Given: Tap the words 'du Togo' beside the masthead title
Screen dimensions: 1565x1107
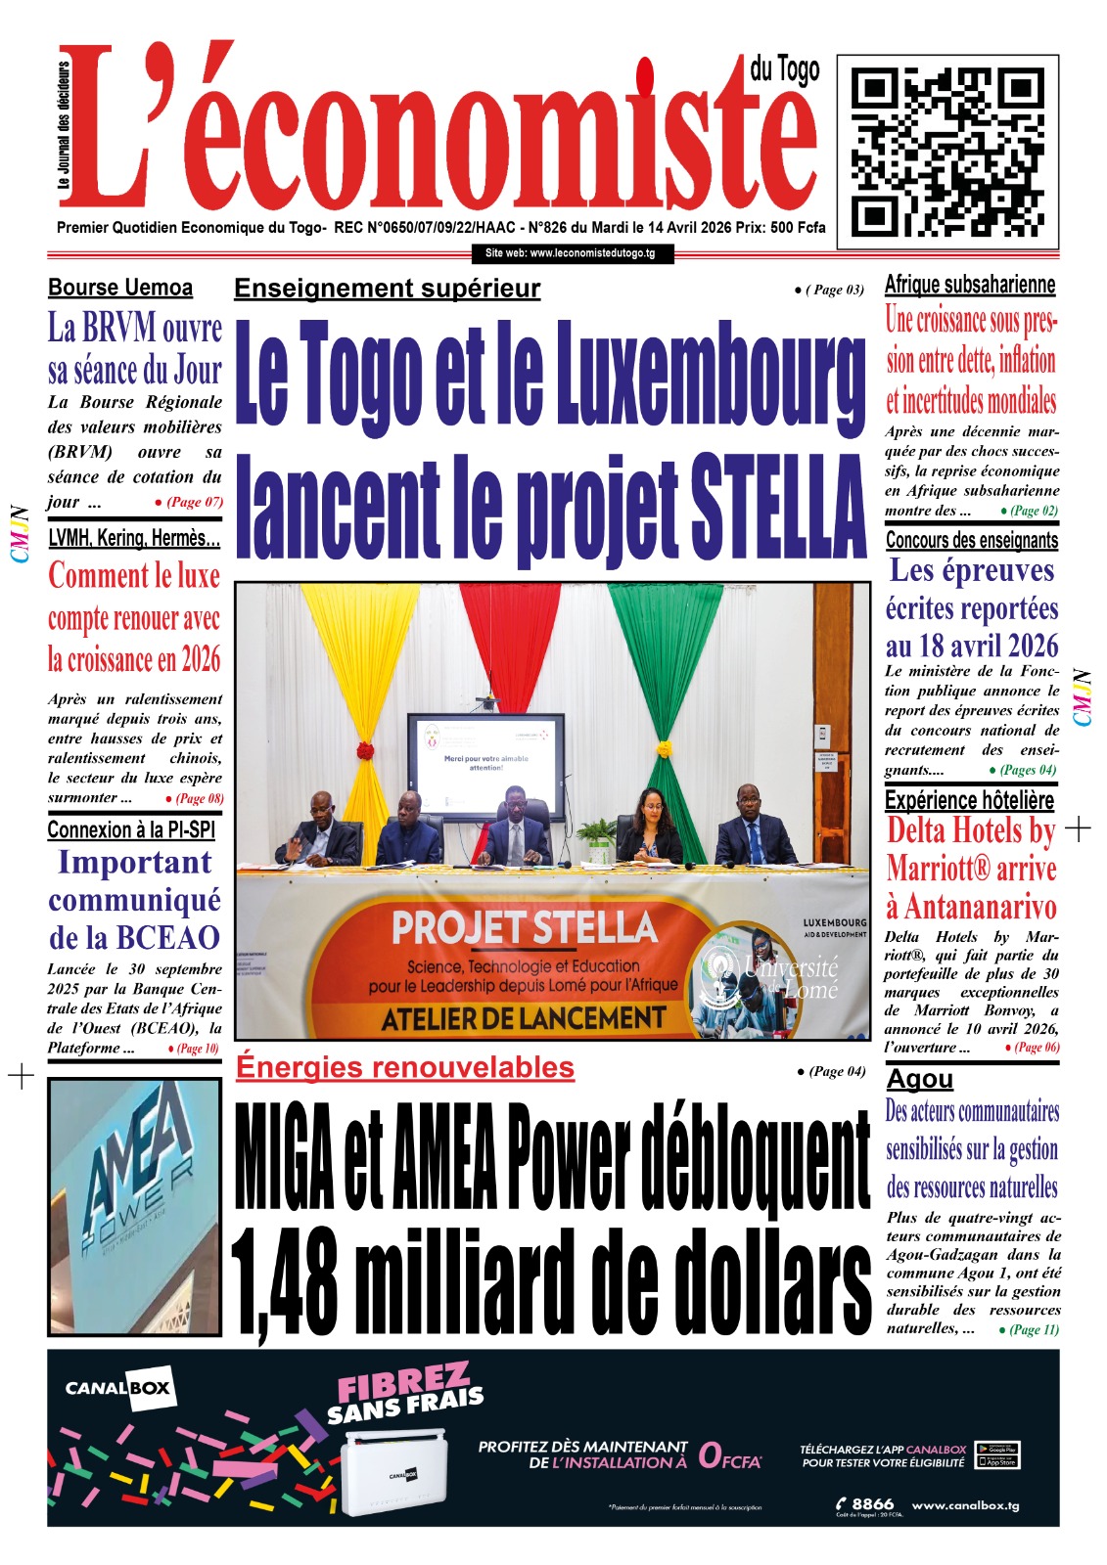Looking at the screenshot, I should click(784, 69).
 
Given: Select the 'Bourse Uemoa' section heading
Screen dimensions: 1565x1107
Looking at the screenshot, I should click(120, 288).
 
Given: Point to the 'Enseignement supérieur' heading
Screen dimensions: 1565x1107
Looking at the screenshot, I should click(387, 289).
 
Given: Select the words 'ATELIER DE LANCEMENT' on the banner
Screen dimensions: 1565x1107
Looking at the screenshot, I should click(523, 1019).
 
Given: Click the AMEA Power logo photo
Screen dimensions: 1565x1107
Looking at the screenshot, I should click(134, 1206).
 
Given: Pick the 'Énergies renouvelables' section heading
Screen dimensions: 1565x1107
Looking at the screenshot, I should click(405, 1067).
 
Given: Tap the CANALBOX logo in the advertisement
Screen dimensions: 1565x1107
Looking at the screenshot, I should click(117, 1388).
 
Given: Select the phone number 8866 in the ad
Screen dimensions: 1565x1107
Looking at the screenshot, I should click(871, 1503).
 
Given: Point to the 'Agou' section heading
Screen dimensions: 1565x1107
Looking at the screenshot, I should click(919, 1079).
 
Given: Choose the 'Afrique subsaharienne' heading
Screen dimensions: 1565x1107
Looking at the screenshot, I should click(970, 285).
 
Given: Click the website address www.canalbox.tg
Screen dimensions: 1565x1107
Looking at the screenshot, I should click(965, 1505).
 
